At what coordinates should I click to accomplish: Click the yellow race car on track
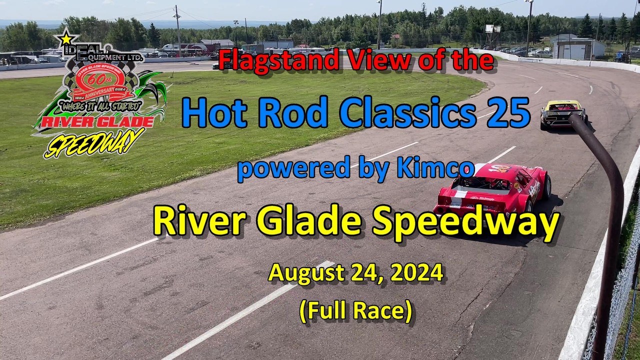pyautogui.click(x=562, y=113)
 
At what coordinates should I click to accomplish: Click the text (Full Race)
pyautogui.click(x=355, y=310)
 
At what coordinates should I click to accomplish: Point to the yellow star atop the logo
pyautogui.click(x=66, y=37)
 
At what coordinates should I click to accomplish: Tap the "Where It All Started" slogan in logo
pyautogui.click(x=99, y=105)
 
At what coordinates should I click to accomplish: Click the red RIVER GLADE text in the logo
pyautogui.click(x=97, y=121)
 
